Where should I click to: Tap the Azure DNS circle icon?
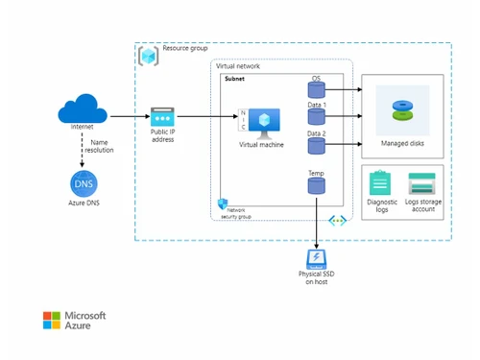pos(82,181)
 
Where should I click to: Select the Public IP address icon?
pos(161,115)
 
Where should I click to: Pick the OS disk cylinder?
pos(316,90)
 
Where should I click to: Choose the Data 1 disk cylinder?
pos(316,117)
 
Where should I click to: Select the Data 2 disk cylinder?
pos(316,146)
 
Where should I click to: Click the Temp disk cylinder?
pos(316,186)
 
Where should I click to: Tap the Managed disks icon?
pos(402,110)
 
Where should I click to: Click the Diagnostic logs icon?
pos(381,183)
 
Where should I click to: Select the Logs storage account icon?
pos(422,183)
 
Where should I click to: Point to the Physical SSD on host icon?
pos(316,258)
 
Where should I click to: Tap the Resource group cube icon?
pos(149,55)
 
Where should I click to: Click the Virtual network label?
pos(238,67)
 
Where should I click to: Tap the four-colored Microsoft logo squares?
pos(52,320)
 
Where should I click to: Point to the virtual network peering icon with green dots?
pos(337,220)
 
